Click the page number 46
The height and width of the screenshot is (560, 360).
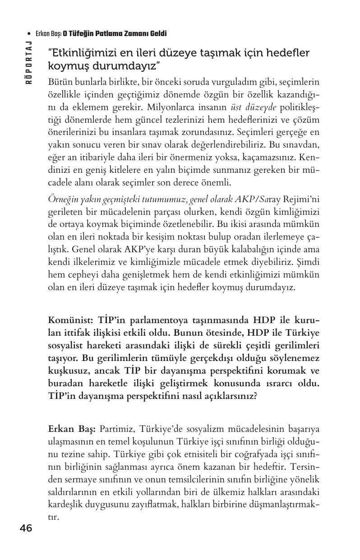(26, 528)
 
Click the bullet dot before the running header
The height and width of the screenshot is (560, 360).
(29, 34)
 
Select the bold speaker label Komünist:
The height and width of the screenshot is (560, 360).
(71, 320)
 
